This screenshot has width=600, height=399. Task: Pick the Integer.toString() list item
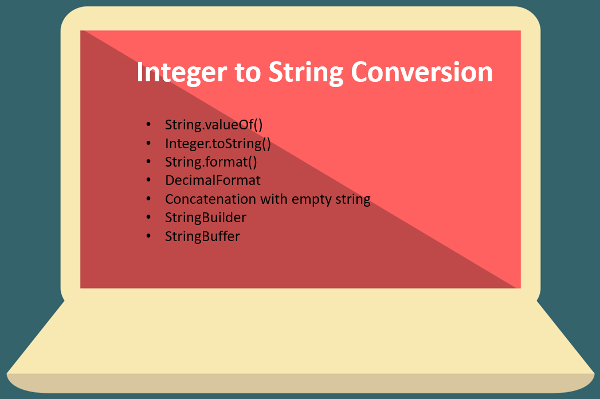click(x=218, y=144)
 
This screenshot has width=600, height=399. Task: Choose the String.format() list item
click(x=211, y=162)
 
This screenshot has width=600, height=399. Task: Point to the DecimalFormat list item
click(x=213, y=180)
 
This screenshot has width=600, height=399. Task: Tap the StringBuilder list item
click(x=206, y=218)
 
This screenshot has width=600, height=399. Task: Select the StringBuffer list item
click(x=202, y=236)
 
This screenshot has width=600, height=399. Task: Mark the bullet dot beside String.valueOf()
click(x=149, y=124)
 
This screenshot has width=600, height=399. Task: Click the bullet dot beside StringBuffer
click(x=149, y=235)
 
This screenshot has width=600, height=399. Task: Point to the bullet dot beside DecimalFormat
click(x=149, y=180)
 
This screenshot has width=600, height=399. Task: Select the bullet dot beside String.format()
click(x=149, y=161)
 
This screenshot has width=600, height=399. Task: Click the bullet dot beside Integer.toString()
click(x=149, y=143)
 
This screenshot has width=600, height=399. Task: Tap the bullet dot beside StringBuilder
click(x=149, y=217)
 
